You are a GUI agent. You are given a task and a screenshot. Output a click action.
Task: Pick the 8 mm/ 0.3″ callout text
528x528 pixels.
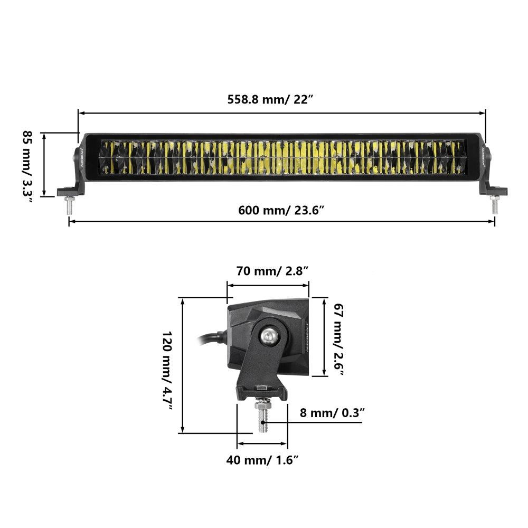point(332,412)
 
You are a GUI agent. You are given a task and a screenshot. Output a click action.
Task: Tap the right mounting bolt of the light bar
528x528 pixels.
point(495,205)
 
